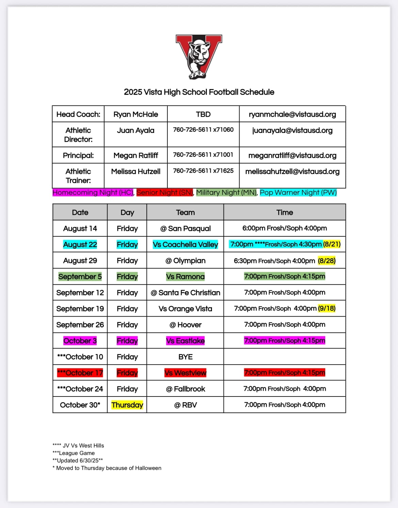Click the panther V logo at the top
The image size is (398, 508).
199,56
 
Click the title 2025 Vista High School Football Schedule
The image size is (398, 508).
199,92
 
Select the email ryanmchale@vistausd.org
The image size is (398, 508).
292,114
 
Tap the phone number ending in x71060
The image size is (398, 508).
203,130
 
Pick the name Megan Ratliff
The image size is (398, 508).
135,155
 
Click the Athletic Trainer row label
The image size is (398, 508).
78,176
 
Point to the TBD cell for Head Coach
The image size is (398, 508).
203,114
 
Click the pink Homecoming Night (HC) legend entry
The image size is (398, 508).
93,192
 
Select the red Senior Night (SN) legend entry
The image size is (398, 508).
165,192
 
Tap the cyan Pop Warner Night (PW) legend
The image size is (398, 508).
298,192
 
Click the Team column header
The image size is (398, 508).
185,213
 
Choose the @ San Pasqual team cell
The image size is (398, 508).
185,228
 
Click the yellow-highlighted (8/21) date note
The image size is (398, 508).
332,244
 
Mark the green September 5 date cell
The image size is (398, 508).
80,276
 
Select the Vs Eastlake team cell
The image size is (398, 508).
185,341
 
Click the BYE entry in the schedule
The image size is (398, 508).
185,357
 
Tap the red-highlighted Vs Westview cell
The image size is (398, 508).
185,373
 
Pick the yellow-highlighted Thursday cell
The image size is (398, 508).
127,405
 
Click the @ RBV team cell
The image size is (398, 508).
185,405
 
